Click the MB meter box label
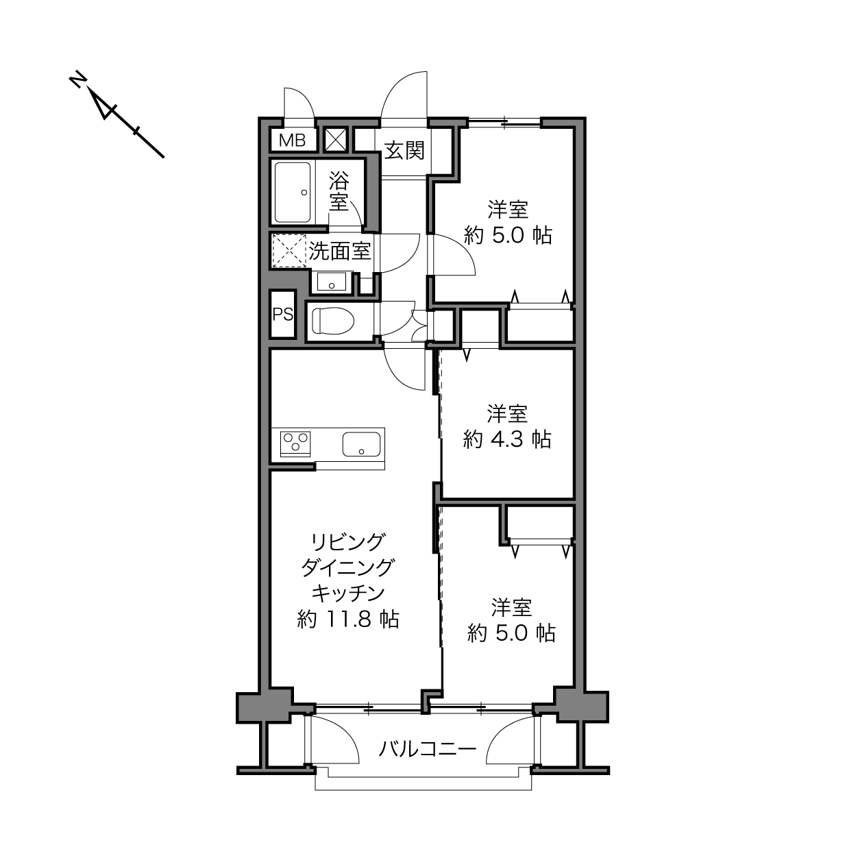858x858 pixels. coord(292,140)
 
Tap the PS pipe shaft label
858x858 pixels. coord(283,315)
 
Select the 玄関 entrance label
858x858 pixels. coord(404,150)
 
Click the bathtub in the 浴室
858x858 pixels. coord(293,193)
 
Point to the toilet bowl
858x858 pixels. coord(332,321)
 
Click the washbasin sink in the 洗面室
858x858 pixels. coord(332,282)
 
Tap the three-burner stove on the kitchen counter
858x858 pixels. coord(295,443)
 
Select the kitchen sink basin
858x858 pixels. coord(362,444)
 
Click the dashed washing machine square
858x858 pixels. coord(289,250)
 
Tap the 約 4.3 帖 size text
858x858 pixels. coord(507,439)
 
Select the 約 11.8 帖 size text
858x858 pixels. coord(347,620)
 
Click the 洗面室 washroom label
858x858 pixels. coord(340,251)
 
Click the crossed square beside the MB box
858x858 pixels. coord(336,140)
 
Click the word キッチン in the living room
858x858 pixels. coord(347,593)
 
